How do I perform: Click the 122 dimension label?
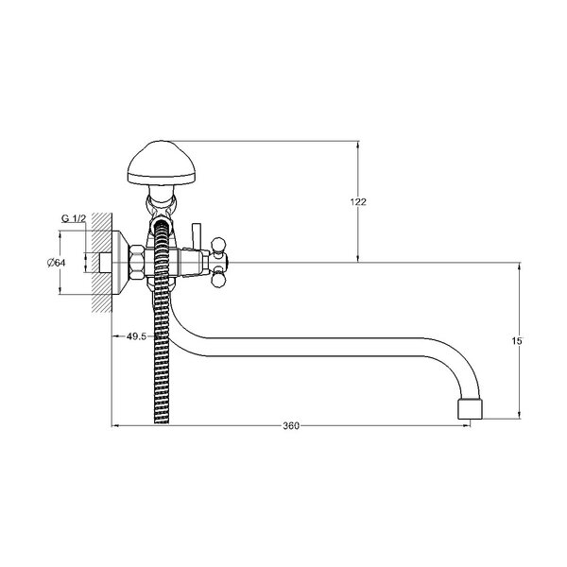coord(358,202)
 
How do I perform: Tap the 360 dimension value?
coord(291,426)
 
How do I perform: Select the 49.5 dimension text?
coord(136,336)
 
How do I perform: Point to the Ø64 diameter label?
coord(56,263)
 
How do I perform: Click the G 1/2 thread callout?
coord(74,218)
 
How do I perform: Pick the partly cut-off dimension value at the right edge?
coord(517,340)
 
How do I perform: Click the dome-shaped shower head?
coord(162,163)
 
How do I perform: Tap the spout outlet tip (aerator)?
coord(470,409)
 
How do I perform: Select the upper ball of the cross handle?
coord(219,244)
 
